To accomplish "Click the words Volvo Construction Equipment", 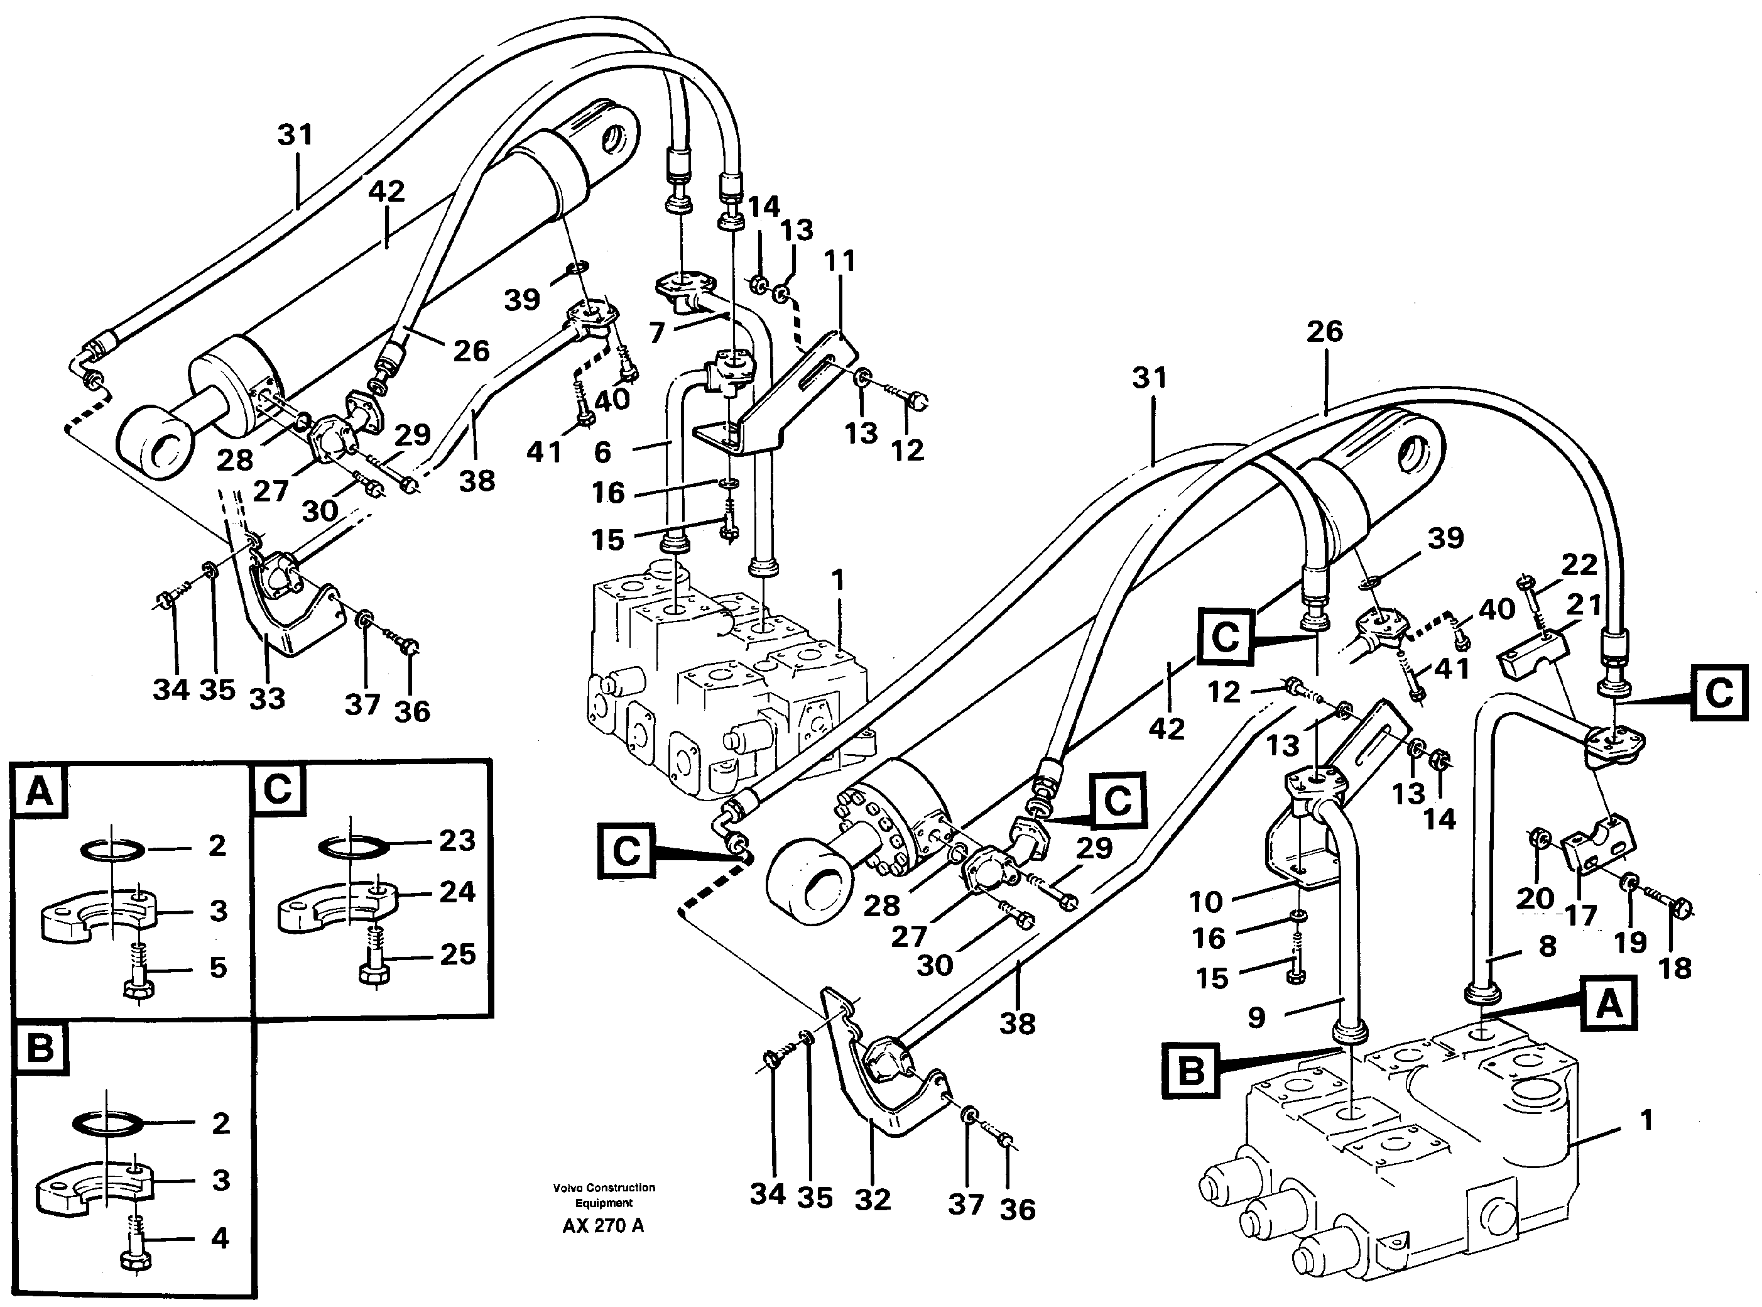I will (604, 1195).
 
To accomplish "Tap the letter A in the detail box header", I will (40, 790).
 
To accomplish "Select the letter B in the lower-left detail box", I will (40, 1048).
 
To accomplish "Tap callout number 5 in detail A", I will (218, 967).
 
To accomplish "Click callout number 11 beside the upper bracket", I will (840, 260).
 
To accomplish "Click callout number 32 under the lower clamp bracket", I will (873, 1200).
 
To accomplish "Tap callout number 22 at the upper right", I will (1579, 564).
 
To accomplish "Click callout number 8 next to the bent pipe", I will (1547, 946).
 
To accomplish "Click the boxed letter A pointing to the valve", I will (1609, 1005).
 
